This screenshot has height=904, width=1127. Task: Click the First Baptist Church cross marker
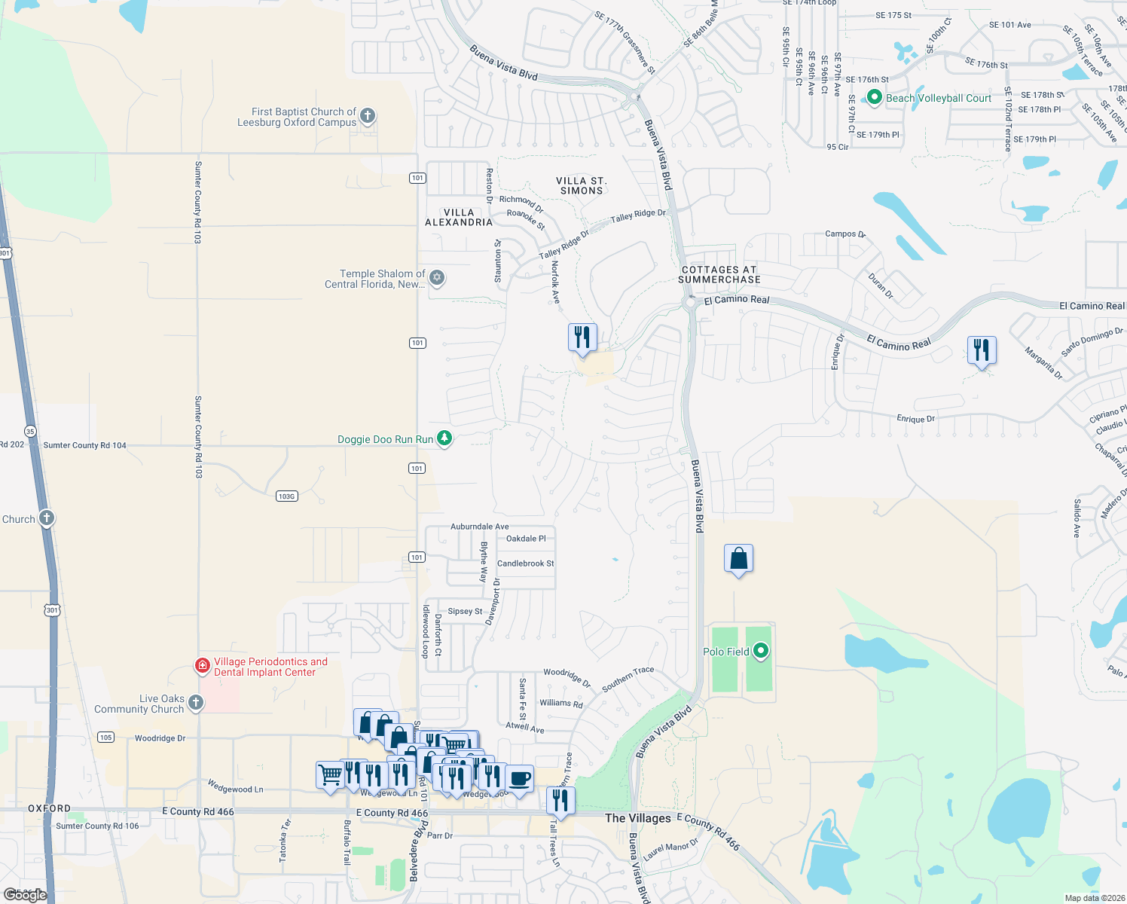pos(368,116)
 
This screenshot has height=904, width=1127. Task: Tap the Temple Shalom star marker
pos(436,278)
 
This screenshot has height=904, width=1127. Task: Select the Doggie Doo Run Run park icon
pos(444,438)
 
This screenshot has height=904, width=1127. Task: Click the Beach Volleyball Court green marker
pos(874,97)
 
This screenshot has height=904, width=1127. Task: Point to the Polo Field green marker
pos(761,651)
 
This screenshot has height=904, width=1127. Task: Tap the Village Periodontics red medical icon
pos(202,665)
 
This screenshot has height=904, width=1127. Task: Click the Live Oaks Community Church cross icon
pos(195,703)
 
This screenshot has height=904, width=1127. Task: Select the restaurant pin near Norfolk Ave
pos(582,337)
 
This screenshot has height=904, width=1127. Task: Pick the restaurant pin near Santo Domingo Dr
pos(982,350)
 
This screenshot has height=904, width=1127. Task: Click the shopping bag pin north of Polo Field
pos(738,558)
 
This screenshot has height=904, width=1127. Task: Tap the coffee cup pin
pos(519,778)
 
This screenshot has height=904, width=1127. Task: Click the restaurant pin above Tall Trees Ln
pos(560,800)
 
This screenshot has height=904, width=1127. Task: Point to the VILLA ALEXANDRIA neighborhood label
pos(458,217)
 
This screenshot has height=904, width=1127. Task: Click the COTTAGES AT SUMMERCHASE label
pos(719,274)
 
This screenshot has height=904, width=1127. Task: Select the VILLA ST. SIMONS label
pos(581,185)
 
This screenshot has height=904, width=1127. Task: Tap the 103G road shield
pos(286,496)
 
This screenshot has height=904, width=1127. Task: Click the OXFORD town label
pos(49,808)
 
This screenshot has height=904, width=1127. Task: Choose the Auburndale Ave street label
pos(479,527)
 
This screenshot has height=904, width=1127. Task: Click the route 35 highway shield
pos(30,431)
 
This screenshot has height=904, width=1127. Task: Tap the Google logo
pos(25,894)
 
